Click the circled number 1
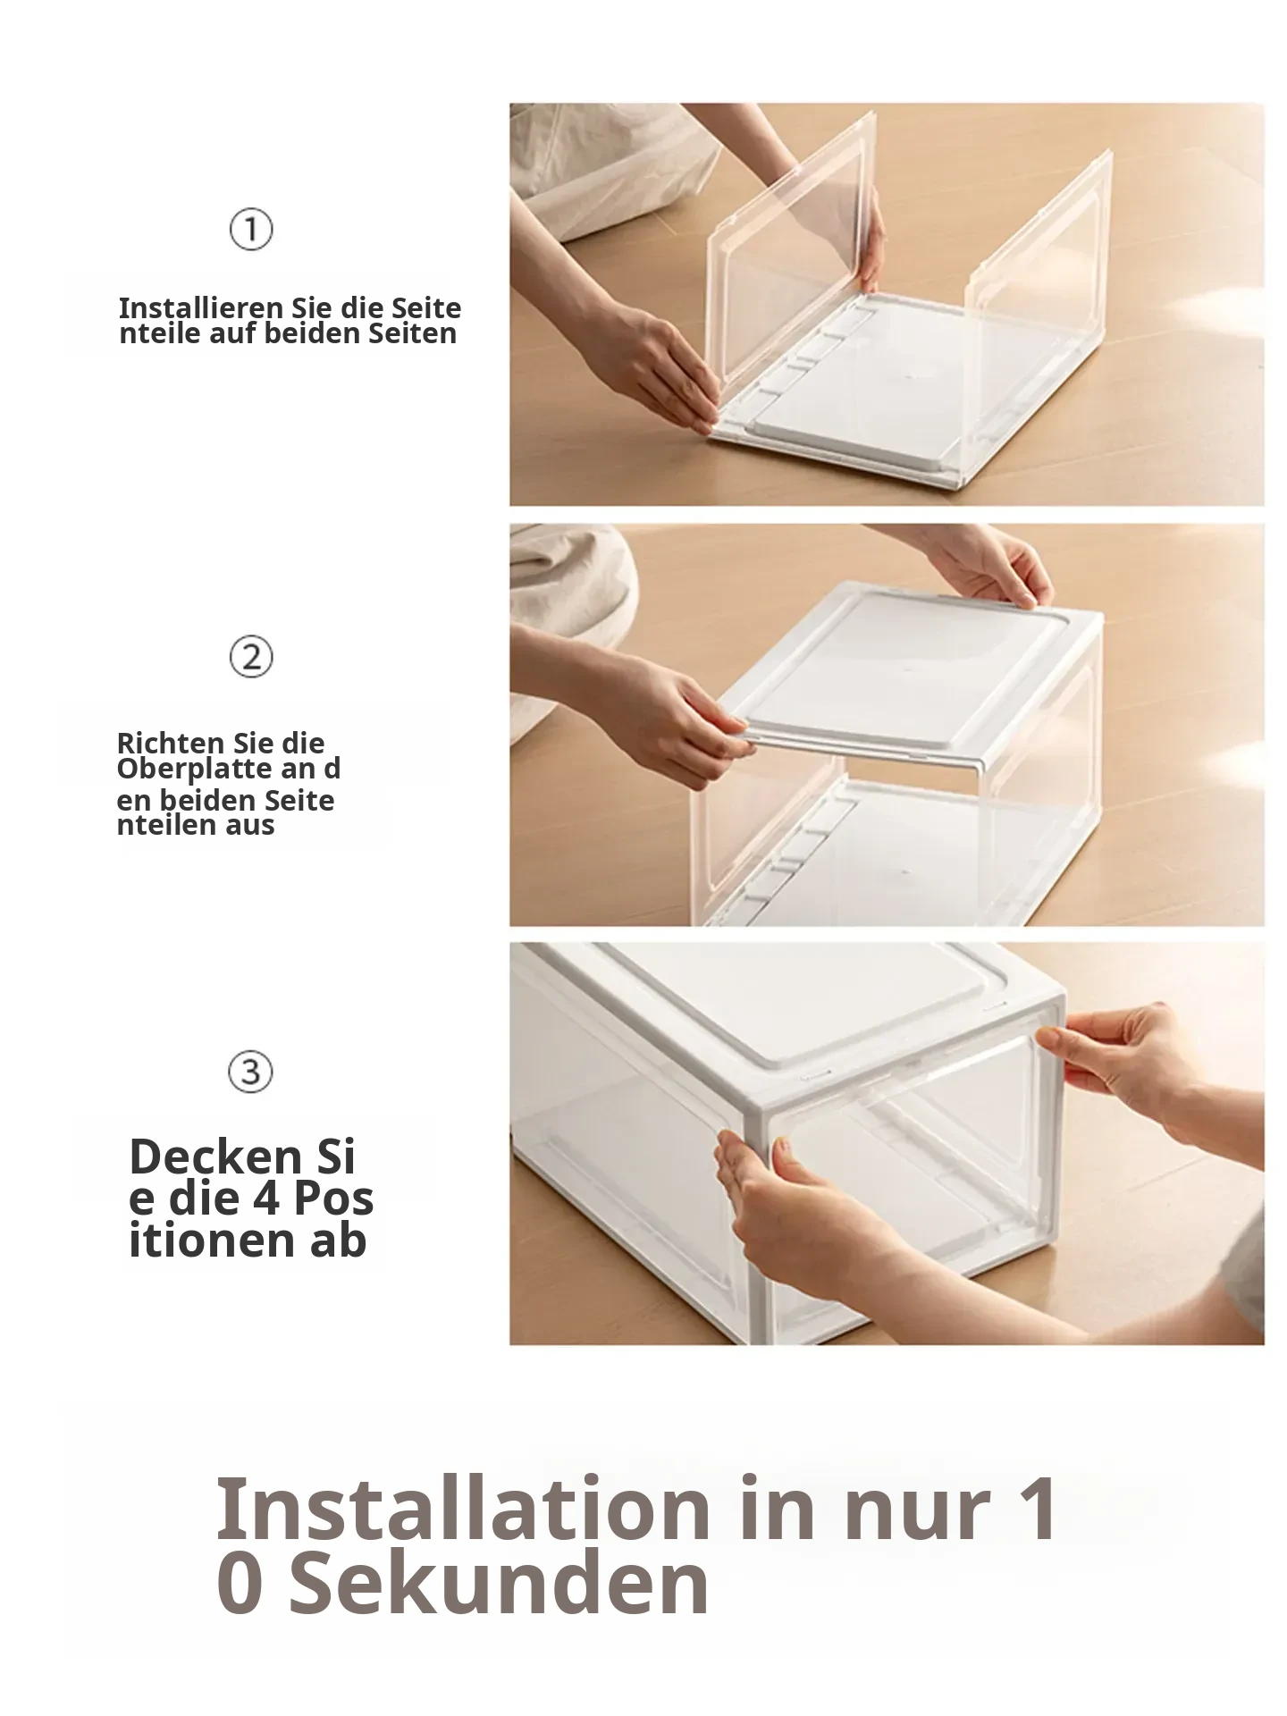(x=251, y=230)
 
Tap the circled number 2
(x=251, y=657)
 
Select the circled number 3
(x=251, y=1071)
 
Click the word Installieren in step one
(x=202, y=308)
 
